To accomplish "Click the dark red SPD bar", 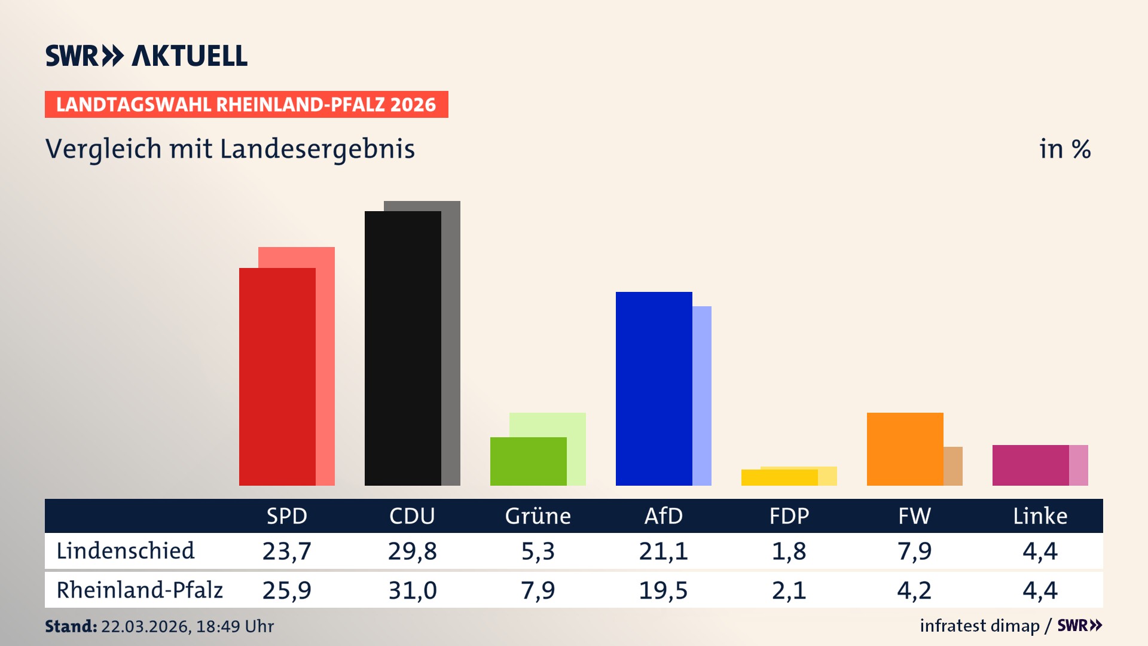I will click(x=277, y=377).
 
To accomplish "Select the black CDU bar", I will click(x=402, y=348).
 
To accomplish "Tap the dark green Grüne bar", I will click(x=528, y=461).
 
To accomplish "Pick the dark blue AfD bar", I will click(x=654, y=389).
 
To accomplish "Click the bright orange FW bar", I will click(x=905, y=449).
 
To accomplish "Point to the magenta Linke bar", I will click(x=1030, y=465).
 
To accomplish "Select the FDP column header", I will click(x=789, y=516).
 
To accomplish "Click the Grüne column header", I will click(x=538, y=516).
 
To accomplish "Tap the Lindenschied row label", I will click(x=126, y=551).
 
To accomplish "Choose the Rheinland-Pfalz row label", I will click(x=139, y=590).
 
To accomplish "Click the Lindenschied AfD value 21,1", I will click(x=663, y=551).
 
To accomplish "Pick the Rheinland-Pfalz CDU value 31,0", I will click(x=412, y=590).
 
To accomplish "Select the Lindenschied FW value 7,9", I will click(x=914, y=551).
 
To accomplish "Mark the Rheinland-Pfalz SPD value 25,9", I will click(x=286, y=590).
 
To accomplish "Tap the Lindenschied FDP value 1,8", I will click(x=789, y=551).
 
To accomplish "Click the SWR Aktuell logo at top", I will click(x=146, y=56).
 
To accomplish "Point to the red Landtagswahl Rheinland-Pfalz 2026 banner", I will click(x=246, y=104).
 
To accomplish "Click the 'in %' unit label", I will click(x=1064, y=149).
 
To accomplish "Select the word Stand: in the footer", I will click(x=71, y=626).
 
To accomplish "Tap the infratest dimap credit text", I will click(x=979, y=626).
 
